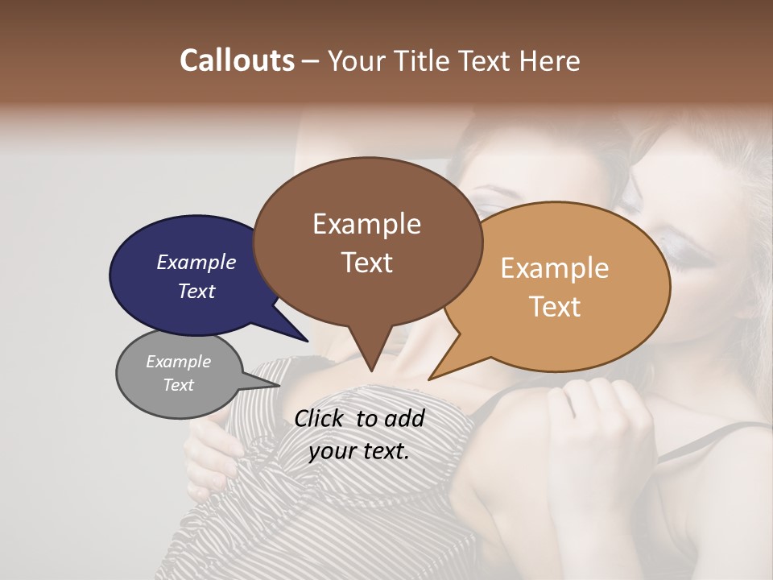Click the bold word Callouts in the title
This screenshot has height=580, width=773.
pos(237,60)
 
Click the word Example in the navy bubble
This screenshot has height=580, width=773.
pos(196,262)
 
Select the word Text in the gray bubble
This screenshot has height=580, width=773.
pos(179,385)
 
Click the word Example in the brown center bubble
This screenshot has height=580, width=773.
pos(366,224)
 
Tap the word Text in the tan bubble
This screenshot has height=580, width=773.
pos(556,307)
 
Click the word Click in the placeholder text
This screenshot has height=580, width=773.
pos(320,418)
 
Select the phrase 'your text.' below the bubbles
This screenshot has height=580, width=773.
pos(359,451)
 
